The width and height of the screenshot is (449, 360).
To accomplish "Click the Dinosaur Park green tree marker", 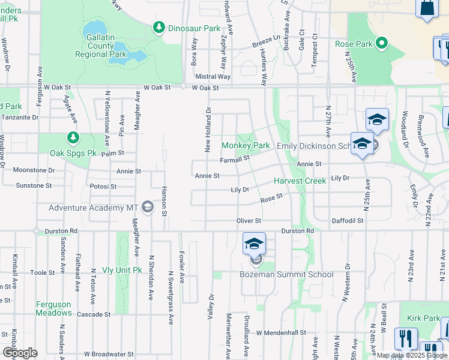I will (x=159, y=27).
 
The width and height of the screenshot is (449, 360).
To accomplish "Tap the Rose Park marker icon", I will (x=381, y=43).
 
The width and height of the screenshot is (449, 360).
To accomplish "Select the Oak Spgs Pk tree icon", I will (x=73, y=138).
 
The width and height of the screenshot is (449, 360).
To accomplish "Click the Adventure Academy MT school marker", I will (x=147, y=208).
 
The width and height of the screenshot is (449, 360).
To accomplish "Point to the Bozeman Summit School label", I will (x=286, y=275).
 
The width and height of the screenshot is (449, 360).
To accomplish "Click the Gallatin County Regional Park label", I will (x=101, y=46).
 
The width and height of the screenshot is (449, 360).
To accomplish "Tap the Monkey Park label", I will (x=246, y=145).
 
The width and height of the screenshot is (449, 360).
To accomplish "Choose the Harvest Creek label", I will (x=300, y=181).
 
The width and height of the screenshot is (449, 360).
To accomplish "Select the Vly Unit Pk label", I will (x=121, y=270).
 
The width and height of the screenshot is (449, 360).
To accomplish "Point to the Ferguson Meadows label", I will (x=53, y=308).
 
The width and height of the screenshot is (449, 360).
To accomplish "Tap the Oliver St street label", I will (x=249, y=221).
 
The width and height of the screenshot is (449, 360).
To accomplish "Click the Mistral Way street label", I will (x=213, y=77).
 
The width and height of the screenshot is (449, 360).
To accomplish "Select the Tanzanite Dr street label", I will (x=19, y=118).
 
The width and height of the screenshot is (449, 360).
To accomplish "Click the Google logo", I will (x=20, y=353).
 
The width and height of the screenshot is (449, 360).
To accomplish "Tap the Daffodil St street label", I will (x=348, y=221).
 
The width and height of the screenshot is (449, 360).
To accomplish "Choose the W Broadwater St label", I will (x=109, y=355).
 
